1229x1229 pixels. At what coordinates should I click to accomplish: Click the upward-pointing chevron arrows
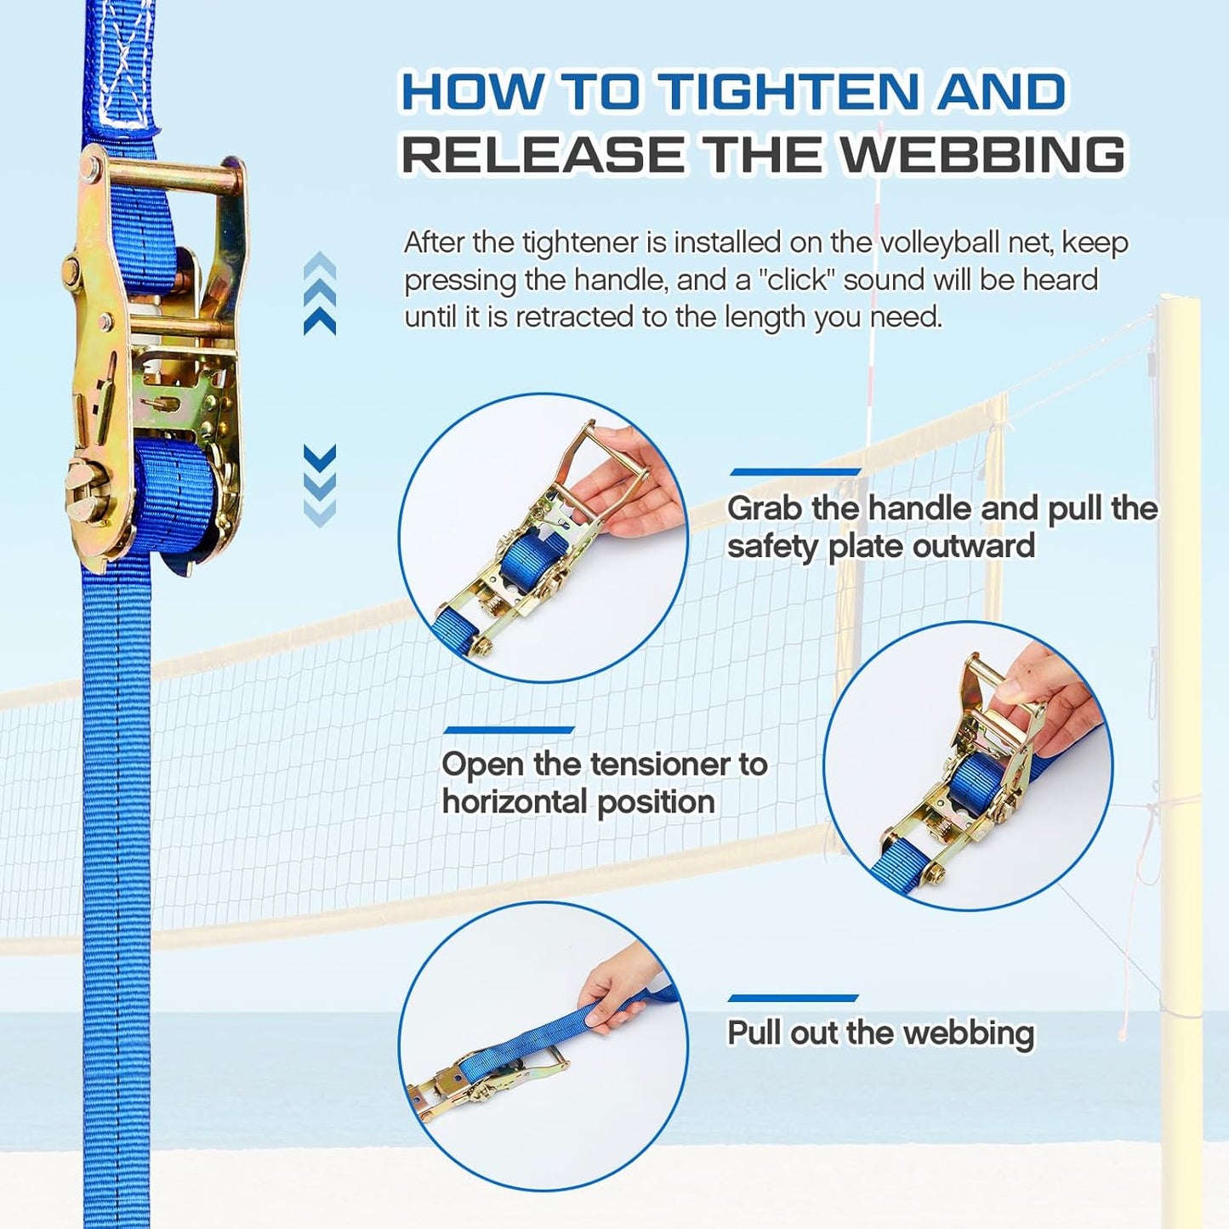coord(320,293)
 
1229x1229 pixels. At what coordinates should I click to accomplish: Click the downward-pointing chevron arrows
coord(320,485)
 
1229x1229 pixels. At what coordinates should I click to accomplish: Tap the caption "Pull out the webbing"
coord(880,1033)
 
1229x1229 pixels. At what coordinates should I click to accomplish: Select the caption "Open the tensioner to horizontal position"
coord(604,782)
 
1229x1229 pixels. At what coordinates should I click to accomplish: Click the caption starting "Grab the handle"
coord(942,526)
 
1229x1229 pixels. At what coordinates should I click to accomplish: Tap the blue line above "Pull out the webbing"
coord(793,999)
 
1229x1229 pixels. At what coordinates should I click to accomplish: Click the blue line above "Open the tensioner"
coord(509,730)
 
